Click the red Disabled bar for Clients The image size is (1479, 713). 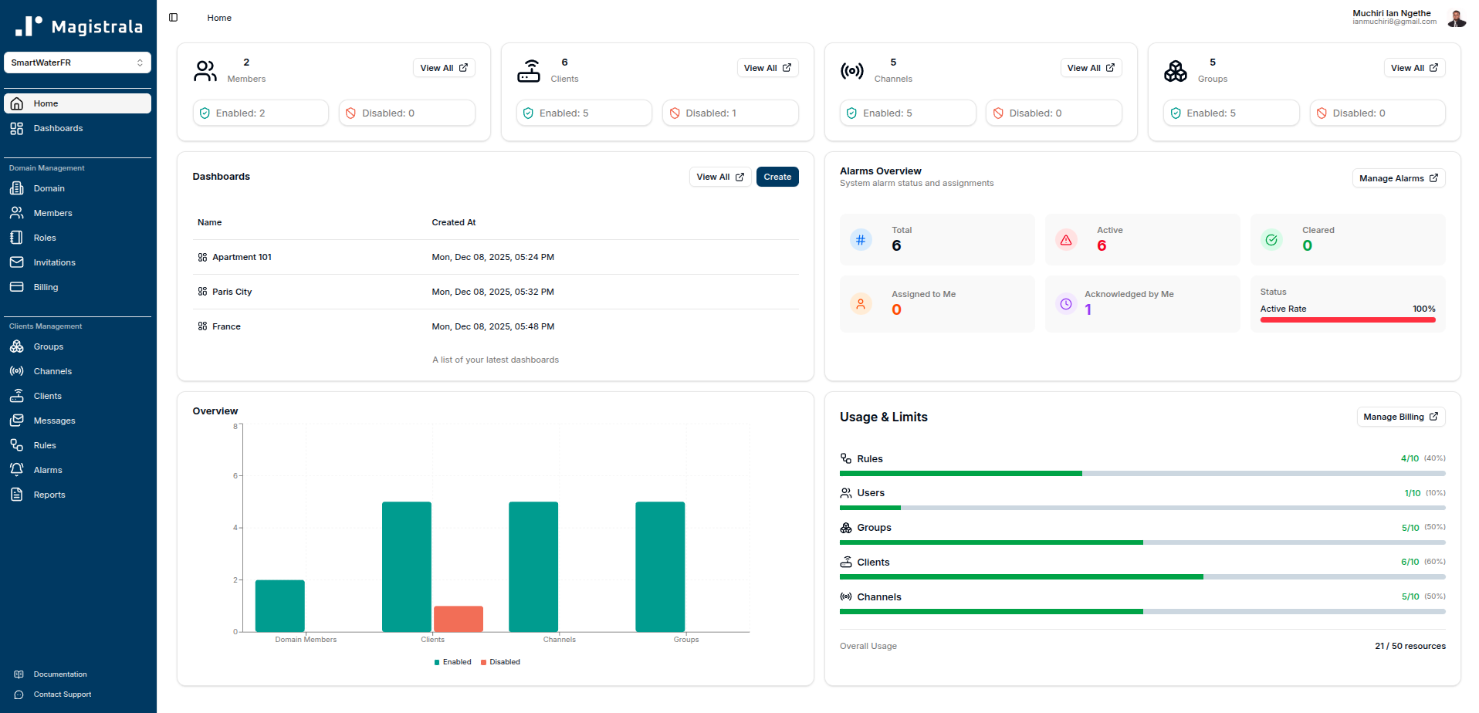click(x=458, y=619)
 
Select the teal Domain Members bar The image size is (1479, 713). click(x=279, y=606)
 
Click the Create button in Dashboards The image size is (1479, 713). click(x=777, y=177)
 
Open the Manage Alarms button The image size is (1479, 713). click(x=1398, y=178)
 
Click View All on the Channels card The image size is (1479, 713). click(x=1090, y=68)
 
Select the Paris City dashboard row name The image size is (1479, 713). click(x=232, y=292)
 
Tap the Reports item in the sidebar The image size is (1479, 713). click(x=49, y=495)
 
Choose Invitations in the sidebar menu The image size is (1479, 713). click(x=54, y=262)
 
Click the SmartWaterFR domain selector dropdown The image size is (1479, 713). click(x=77, y=63)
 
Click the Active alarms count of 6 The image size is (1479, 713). click(x=1102, y=246)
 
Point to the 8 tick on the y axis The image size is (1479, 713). click(x=235, y=426)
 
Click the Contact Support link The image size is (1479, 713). click(x=62, y=694)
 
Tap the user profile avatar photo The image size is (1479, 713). click(x=1457, y=18)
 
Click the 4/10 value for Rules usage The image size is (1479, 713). click(x=1410, y=458)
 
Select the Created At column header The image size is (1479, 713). click(x=453, y=222)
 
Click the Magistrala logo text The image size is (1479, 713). click(x=96, y=27)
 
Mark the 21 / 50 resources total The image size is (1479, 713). click(x=1410, y=646)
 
